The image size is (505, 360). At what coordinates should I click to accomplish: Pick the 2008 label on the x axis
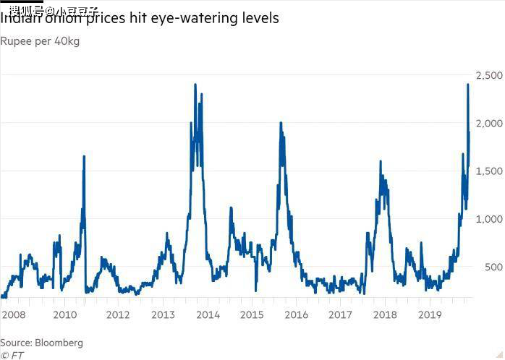click(13, 315)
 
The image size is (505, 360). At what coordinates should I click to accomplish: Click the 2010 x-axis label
click(64, 315)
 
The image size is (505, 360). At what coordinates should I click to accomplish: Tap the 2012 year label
click(118, 315)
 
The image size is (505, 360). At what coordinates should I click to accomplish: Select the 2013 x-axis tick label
click(164, 315)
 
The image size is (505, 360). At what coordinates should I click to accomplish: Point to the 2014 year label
click(208, 315)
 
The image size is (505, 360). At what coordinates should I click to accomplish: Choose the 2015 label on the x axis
click(252, 315)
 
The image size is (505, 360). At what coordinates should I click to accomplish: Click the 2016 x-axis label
click(296, 315)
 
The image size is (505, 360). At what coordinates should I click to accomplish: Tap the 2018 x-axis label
click(385, 315)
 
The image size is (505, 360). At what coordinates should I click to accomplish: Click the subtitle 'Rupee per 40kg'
click(40, 41)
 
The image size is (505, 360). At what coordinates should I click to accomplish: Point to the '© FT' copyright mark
click(12, 355)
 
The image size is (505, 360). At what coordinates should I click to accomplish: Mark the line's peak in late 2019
click(467, 85)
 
